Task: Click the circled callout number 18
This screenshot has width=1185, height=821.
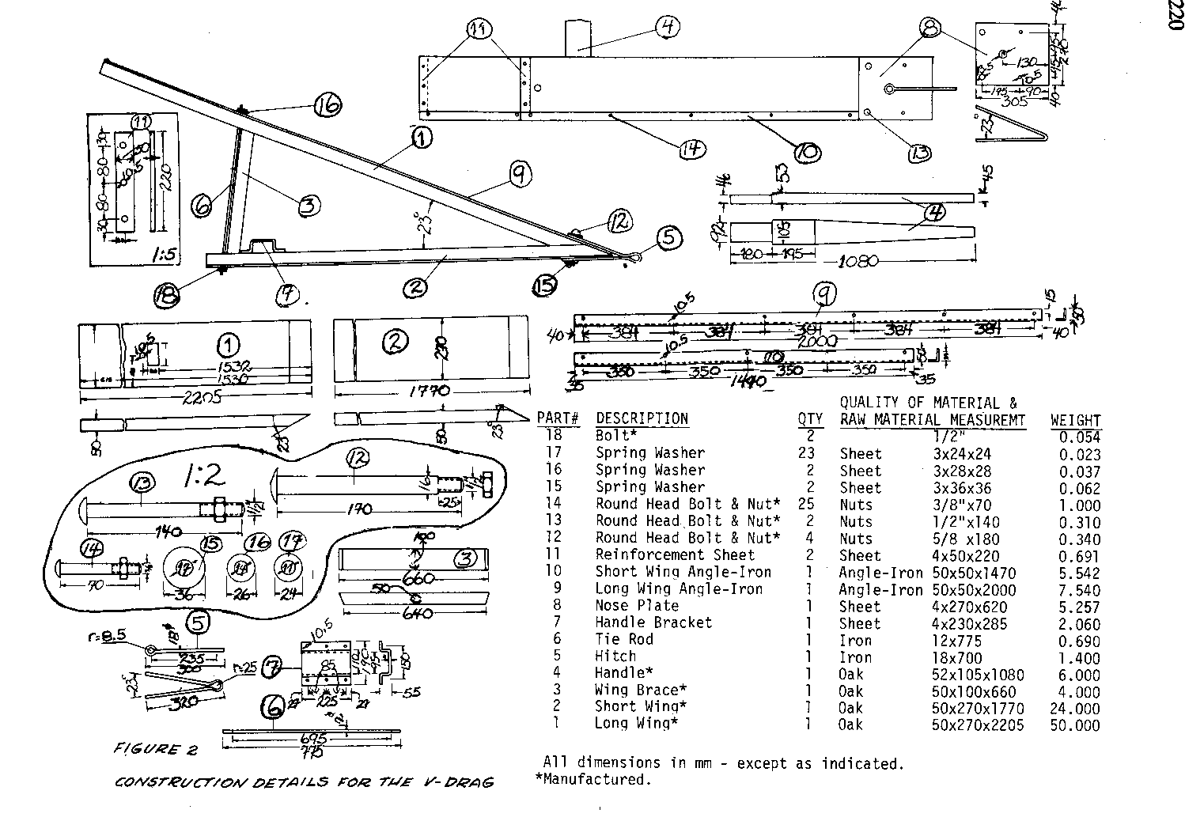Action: (x=167, y=295)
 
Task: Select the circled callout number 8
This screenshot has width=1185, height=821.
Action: (x=930, y=30)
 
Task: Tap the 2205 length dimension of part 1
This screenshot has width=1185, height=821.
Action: (x=180, y=398)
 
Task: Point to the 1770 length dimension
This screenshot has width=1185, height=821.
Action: (x=432, y=391)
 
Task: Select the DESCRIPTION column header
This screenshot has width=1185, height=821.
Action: (x=642, y=418)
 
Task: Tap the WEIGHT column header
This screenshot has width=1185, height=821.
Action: (x=1075, y=420)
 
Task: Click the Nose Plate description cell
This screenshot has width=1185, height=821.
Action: (x=637, y=606)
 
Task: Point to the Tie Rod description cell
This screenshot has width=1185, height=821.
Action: (x=623, y=639)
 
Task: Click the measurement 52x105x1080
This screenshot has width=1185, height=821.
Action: (x=978, y=675)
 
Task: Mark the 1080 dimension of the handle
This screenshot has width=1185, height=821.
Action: (x=858, y=260)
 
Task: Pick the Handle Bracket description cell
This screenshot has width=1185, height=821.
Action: (x=653, y=622)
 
